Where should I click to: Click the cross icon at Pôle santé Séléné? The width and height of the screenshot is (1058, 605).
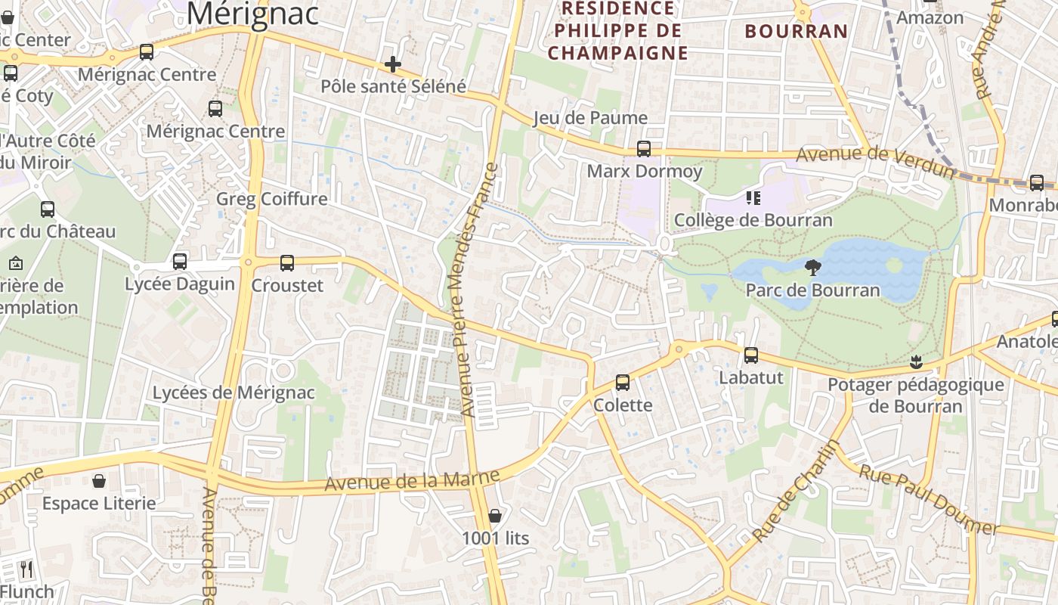tap(392, 64)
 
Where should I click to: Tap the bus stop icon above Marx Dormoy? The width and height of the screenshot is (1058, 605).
tap(644, 149)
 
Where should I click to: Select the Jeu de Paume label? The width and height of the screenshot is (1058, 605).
tap(590, 117)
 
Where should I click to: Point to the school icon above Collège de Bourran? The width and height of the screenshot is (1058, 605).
tap(753, 198)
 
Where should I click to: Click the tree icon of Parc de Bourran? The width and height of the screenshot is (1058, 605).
tap(813, 267)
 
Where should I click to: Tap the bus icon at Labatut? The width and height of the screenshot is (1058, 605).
tap(751, 355)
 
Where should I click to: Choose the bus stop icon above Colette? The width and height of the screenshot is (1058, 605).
tap(623, 383)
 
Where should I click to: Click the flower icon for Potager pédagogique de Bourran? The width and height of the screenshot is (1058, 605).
tap(916, 361)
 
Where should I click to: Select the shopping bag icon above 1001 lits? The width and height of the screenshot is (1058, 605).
tap(495, 516)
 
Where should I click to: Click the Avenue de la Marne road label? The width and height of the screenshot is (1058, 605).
tap(413, 481)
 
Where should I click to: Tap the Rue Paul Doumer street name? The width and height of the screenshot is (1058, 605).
tap(930, 499)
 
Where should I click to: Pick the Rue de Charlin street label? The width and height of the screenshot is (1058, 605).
tap(796, 491)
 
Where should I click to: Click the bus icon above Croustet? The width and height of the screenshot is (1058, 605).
tap(287, 262)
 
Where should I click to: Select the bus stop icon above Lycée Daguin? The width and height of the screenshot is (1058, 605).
tap(180, 262)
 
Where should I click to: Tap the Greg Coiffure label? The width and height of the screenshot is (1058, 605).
tap(272, 199)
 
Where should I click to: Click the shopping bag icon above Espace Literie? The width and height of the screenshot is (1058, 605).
tap(99, 481)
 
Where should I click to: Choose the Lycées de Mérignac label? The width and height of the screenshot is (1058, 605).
tap(234, 392)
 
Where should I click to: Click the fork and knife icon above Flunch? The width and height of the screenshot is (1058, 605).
tap(26, 569)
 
